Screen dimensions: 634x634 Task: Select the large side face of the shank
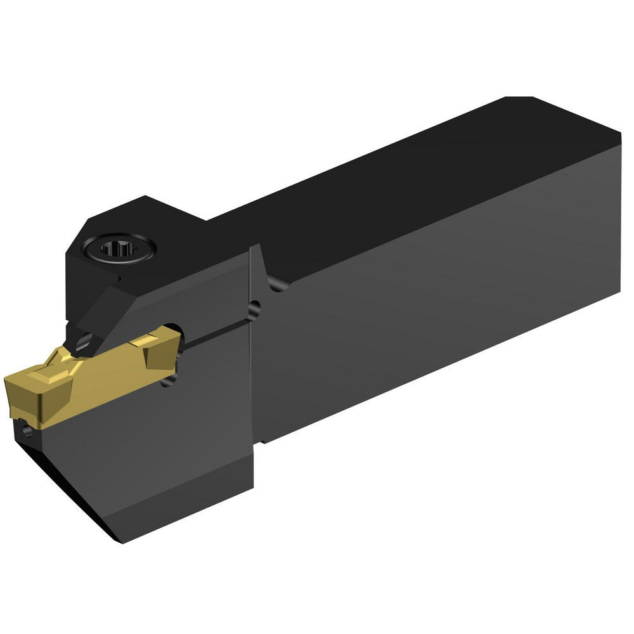(444, 304)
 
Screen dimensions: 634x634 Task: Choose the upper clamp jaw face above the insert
(190, 292)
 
